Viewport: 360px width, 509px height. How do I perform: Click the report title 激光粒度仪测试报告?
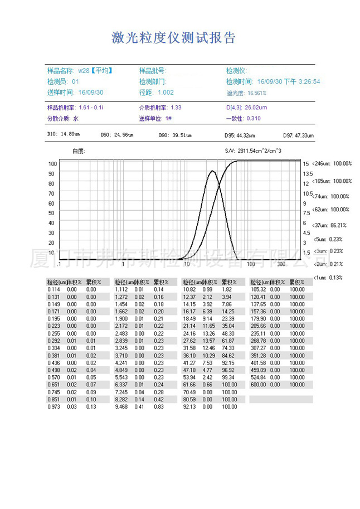click(174, 38)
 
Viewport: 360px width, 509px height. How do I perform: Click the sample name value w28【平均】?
click(95, 71)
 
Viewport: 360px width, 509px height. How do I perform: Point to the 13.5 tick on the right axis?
click(307, 174)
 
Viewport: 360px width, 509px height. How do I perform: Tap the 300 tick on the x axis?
click(281, 264)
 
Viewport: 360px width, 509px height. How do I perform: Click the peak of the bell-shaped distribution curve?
click(212, 171)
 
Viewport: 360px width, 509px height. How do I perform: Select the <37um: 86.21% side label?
click(332, 225)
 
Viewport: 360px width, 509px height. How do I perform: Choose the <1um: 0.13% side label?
click(329, 278)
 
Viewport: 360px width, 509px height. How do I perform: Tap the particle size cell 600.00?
click(259, 384)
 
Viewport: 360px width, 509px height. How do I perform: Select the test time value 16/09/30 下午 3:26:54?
click(288, 82)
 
